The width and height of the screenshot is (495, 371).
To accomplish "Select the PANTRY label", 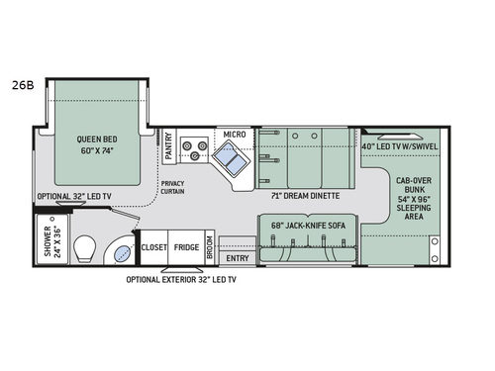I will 168,146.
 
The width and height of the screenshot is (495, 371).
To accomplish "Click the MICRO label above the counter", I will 234,134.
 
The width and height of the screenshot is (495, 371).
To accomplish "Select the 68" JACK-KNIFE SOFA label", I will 309,225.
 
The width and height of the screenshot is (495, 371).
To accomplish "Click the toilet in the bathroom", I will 83,246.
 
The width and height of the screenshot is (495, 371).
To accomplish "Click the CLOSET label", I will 154,248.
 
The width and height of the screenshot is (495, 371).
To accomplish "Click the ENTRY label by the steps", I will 238,258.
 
